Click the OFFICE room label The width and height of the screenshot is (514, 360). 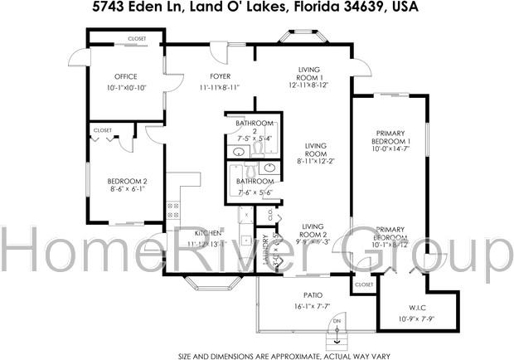126,76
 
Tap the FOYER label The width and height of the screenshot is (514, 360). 220,76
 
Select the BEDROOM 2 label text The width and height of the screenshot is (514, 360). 127,181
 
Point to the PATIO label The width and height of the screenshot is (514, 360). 313,294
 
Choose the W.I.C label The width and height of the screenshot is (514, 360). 416,308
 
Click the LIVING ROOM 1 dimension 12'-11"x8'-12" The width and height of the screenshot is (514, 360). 308,85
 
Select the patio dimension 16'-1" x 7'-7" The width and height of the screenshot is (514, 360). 313,306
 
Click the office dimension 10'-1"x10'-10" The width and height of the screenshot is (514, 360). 126,88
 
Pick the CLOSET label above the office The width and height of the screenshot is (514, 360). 138,39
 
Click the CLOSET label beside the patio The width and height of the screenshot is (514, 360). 364,285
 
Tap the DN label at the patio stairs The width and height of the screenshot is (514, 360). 337,321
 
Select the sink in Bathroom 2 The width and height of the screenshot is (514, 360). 239,152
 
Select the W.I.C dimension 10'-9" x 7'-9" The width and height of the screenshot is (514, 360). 417,319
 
